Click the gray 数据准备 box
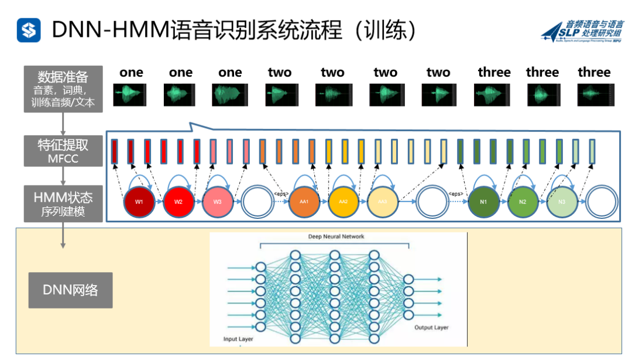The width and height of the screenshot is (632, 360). click(x=63, y=90)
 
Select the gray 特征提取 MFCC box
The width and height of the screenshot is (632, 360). click(x=63, y=151)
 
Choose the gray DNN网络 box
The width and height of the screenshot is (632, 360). click(x=70, y=290)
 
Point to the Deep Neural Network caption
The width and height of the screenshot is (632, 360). click(x=336, y=236)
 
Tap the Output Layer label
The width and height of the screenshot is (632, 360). click(x=432, y=328)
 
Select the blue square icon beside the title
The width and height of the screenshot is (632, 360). click(x=29, y=30)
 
